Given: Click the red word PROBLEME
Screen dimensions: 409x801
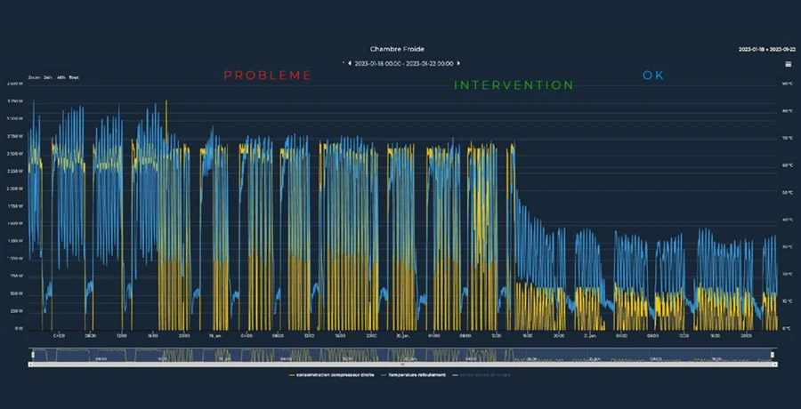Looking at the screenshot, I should (267, 76).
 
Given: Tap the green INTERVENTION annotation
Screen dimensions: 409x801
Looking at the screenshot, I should (514, 85).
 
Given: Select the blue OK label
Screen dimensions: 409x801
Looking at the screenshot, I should (653, 76).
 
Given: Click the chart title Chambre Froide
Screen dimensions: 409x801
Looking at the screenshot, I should (398, 49).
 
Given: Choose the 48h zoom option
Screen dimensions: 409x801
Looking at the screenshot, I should (61, 77).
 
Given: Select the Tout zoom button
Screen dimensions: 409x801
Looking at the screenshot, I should (74, 77).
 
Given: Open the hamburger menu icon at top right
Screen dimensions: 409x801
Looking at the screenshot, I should (788, 64).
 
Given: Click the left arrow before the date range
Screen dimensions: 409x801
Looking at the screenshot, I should (349, 64).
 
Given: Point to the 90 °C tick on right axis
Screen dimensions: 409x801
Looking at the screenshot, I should (787, 84).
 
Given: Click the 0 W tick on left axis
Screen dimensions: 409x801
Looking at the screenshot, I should (18, 328).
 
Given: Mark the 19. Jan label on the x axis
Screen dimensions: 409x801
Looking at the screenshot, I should (214, 336).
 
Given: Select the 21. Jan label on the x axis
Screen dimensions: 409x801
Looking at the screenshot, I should (590, 336).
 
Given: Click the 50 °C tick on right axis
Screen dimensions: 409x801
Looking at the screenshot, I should (787, 192).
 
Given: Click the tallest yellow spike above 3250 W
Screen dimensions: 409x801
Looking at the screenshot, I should (166, 103).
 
